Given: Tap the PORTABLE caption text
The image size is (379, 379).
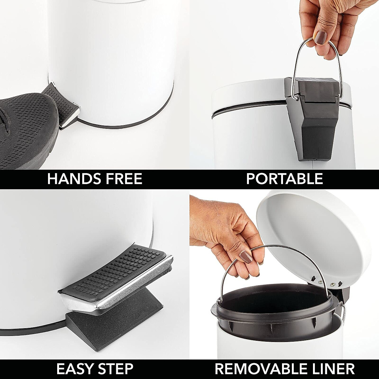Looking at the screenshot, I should (x=284, y=179).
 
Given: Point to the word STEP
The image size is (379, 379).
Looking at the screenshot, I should (x=115, y=369).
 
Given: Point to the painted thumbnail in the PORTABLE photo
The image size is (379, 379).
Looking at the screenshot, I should (x=320, y=38).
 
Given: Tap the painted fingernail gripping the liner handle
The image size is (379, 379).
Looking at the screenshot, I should (x=245, y=256).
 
